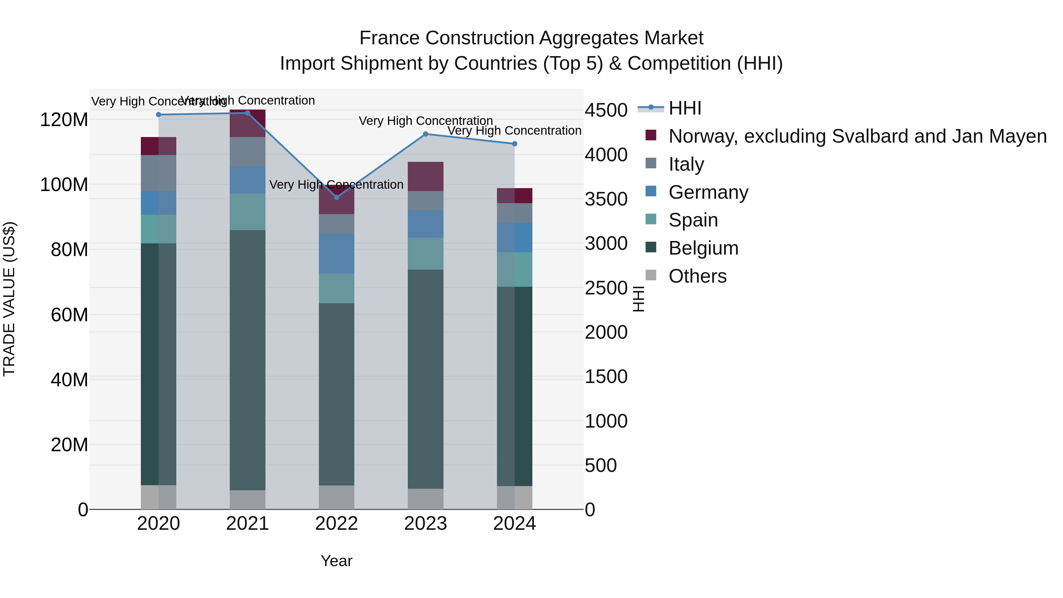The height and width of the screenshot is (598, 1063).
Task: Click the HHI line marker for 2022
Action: point(336,197)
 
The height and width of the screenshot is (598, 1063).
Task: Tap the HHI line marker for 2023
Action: point(425,134)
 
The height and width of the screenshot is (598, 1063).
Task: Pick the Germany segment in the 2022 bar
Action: point(336,253)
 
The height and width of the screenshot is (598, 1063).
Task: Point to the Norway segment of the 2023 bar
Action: point(425,176)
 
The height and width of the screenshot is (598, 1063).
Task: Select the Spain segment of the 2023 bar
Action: point(425,253)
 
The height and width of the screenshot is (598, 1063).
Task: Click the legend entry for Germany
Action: point(708,192)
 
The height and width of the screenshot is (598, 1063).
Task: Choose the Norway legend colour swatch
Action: point(651,135)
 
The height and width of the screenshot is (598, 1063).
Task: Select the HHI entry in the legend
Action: point(685,108)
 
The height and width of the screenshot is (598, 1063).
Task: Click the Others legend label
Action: point(697,276)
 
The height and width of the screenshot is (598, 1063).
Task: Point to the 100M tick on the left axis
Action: point(64,185)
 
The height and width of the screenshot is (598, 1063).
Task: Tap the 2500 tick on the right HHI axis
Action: point(606,288)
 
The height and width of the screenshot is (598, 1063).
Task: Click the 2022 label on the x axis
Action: point(336,524)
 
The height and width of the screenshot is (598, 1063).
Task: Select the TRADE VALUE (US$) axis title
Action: point(9,299)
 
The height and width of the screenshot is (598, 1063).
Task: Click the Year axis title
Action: point(336,561)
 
